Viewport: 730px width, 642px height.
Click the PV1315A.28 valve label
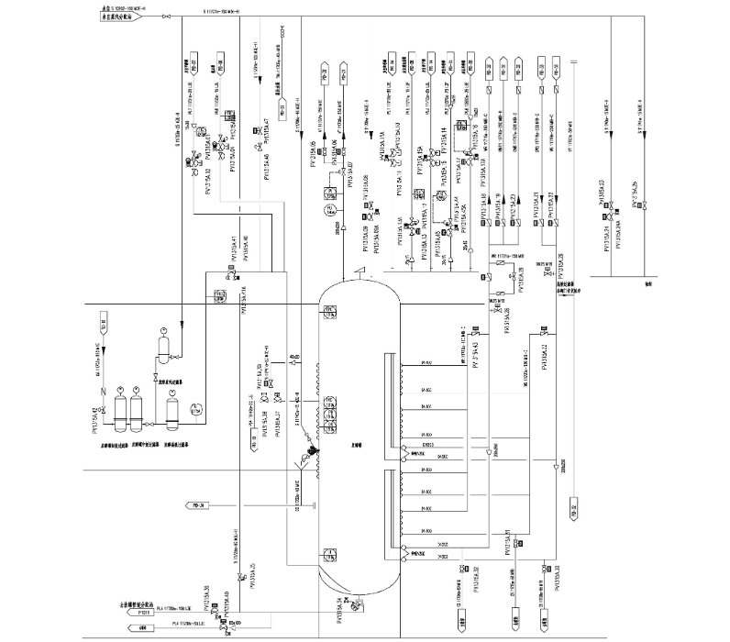click(x=507, y=315)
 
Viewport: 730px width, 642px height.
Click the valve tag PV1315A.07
click(x=348, y=170)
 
